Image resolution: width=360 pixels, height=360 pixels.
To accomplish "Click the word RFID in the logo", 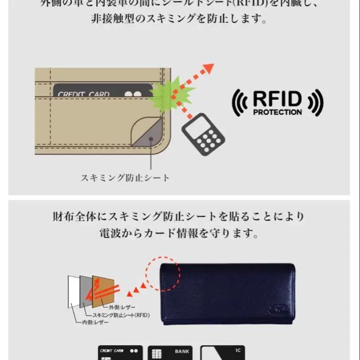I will [x=277, y=99].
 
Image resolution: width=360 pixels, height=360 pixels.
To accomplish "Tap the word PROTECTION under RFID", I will [x=277, y=112].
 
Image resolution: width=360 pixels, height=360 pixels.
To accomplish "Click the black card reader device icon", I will [x=203, y=135].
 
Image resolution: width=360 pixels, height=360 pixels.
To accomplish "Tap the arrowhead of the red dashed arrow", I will [x=208, y=69].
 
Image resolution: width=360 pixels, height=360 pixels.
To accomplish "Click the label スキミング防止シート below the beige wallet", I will [x=125, y=178].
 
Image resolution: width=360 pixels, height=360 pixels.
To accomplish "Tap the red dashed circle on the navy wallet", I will [x=163, y=274].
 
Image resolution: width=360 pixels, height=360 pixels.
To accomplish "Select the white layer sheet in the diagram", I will [x=73, y=291].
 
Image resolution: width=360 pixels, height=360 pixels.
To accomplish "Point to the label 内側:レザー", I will [x=95, y=322].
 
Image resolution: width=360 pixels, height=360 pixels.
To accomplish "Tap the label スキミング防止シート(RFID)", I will [x=121, y=315].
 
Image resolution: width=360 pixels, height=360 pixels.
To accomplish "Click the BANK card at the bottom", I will [x=170, y=353].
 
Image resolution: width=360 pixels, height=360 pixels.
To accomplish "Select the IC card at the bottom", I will [x=223, y=353].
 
